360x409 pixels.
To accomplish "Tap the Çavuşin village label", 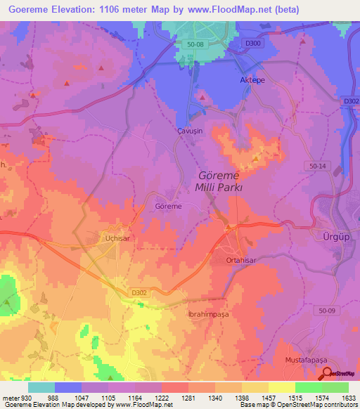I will tap(188, 131).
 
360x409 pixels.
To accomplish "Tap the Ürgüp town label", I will tap(335, 234).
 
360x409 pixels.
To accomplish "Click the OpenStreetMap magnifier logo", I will tap(326, 372).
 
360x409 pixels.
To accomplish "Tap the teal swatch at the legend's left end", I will tap(41, 387).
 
